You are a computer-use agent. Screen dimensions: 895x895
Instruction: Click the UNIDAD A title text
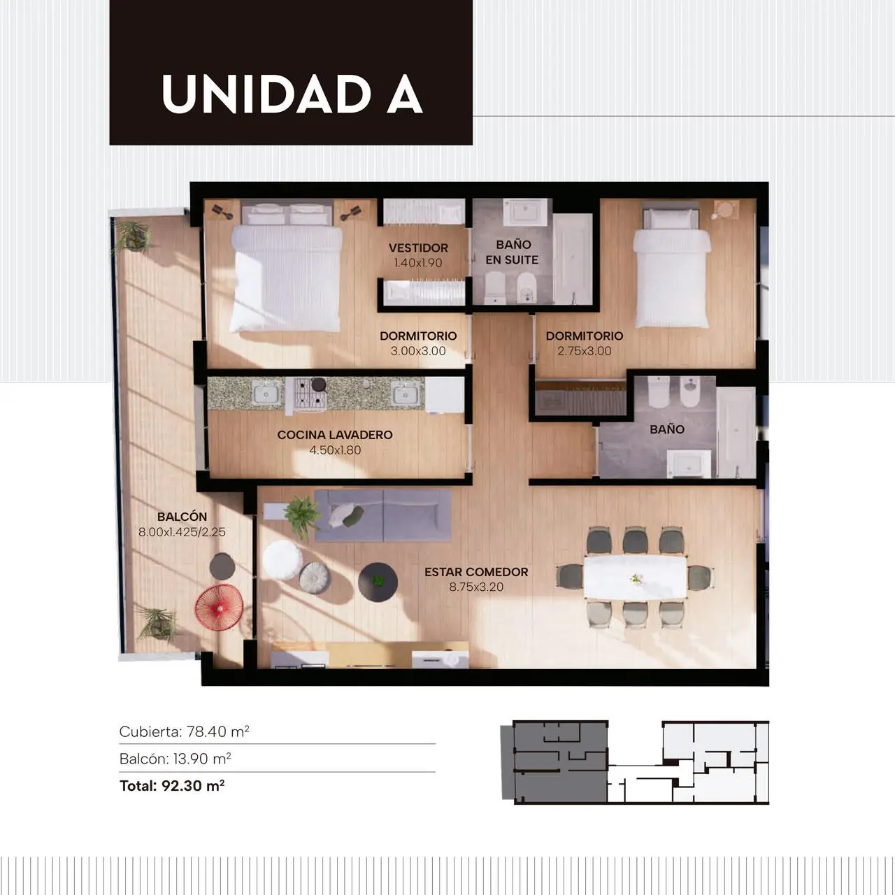[x=292, y=94]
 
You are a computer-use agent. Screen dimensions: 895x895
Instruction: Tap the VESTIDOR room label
[x=418, y=248]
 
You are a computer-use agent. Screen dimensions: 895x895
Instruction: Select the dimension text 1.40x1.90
[x=418, y=263]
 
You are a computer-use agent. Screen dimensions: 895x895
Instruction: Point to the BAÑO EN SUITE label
[x=513, y=252]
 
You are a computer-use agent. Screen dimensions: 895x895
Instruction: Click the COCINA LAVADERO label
[x=335, y=435]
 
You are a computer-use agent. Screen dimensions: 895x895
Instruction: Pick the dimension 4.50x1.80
[x=335, y=450]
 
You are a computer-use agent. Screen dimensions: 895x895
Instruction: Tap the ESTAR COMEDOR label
[x=476, y=572]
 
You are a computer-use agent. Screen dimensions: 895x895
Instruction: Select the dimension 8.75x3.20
[x=476, y=587]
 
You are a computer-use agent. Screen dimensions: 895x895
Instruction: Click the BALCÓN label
[x=182, y=516]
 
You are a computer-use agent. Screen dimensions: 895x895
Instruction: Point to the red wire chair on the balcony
[x=219, y=608]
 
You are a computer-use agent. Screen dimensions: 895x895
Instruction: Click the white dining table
[x=635, y=578]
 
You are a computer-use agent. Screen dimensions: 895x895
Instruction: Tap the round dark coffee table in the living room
[x=378, y=582]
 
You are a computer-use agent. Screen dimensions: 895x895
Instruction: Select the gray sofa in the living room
[x=382, y=515]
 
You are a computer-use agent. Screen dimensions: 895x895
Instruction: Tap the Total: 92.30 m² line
[x=172, y=786]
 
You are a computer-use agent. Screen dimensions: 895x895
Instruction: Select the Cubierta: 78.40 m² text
[x=185, y=732]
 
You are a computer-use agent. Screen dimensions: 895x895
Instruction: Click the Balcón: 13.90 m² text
[x=175, y=759]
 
